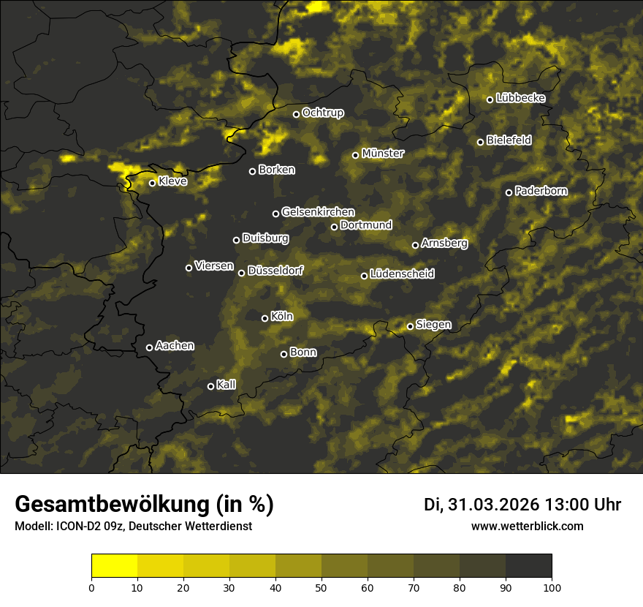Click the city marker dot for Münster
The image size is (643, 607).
click(x=356, y=155)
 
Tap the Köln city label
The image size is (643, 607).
click(x=282, y=317)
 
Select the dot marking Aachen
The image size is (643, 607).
click(x=149, y=347)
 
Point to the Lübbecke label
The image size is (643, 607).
click(x=520, y=98)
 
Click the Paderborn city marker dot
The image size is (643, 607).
click(x=509, y=192)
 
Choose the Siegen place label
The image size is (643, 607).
click(x=433, y=324)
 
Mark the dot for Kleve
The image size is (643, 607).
click(x=153, y=183)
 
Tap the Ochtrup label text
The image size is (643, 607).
click(x=322, y=113)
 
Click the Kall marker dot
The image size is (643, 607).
click(x=210, y=386)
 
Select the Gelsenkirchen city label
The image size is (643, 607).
click(x=318, y=212)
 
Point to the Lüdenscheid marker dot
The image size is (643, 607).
click(x=364, y=276)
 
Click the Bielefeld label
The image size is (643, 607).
click(x=509, y=140)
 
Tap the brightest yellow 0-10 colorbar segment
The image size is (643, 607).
click(x=115, y=566)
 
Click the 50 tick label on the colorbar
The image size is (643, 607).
click(x=321, y=587)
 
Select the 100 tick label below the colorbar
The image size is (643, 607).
click(x=552, y=587)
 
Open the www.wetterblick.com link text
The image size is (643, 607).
click(x=528, y=526)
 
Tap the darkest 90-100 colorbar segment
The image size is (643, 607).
click(x=528, y=566)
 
